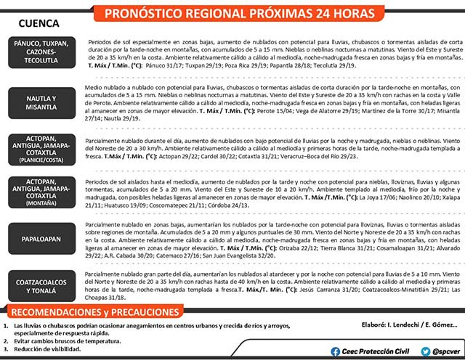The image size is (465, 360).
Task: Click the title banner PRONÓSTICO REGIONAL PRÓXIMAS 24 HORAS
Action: [x=272, y=14]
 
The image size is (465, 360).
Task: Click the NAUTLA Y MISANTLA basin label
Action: [x=41, y=102]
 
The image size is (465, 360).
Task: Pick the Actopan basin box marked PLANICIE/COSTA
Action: [x=41, y=150]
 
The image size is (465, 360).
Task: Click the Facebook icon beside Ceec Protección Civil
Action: [x=335, y=351]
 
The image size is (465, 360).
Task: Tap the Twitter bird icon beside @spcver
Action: [x=421, y=351]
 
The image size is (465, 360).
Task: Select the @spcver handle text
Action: [x=445, y=351]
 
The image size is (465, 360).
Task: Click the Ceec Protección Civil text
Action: [x=373, y=351]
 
